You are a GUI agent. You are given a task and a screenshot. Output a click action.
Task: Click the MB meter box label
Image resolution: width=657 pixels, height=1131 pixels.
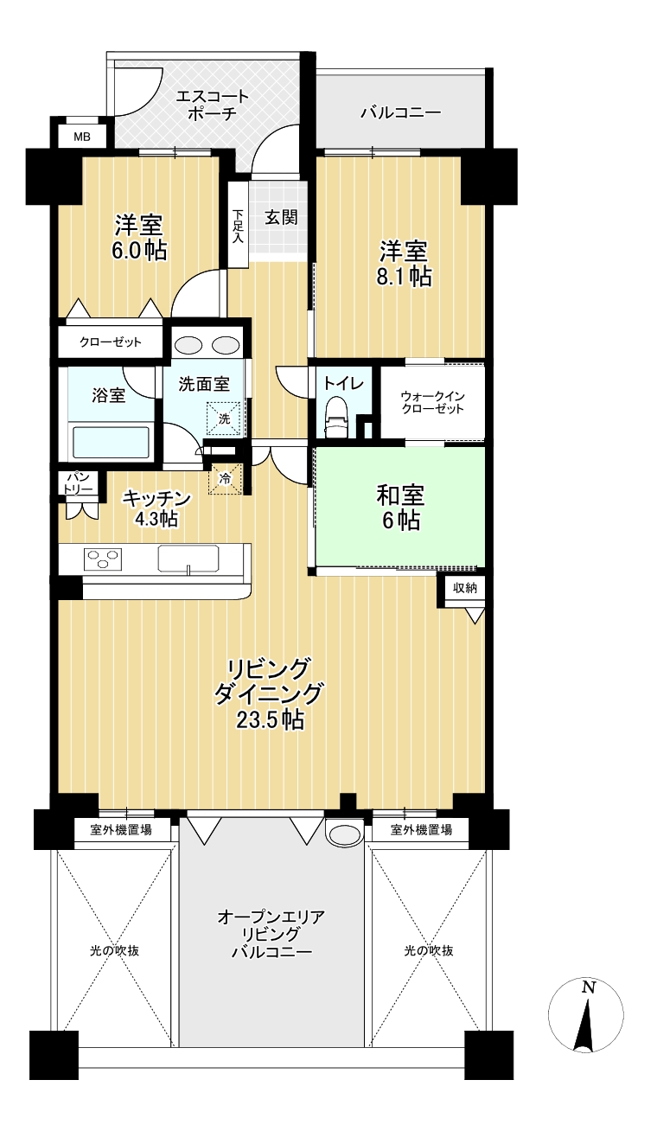coord(82,137)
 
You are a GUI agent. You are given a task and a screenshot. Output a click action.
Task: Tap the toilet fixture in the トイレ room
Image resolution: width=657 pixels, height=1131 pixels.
coord(335,416)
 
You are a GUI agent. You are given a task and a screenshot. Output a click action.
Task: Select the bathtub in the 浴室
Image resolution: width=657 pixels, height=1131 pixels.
coord(112,443)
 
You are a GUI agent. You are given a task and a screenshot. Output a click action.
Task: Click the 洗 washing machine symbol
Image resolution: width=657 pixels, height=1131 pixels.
coord(225,419)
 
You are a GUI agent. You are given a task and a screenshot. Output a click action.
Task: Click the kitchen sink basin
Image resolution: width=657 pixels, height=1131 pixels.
coord(188,559)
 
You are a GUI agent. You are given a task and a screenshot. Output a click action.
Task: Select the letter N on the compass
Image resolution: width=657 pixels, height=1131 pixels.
coord(587,987)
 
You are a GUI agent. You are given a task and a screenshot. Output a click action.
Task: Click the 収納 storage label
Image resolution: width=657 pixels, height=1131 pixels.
coord(465,588)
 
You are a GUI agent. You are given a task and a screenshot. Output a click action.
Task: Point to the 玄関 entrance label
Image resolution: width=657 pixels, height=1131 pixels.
coord(281,218)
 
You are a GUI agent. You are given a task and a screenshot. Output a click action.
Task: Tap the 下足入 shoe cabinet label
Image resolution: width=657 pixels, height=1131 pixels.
coord(238,227)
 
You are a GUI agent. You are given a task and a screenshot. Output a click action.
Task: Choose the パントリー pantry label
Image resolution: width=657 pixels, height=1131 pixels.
coord(78,483)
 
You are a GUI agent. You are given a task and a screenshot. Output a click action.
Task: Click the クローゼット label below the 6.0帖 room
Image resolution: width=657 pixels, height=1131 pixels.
coord(111,342)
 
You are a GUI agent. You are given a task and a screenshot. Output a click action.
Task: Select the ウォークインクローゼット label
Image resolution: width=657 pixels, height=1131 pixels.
coord(432,402)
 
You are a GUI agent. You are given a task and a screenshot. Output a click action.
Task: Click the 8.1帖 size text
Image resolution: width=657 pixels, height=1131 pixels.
coord(405,277)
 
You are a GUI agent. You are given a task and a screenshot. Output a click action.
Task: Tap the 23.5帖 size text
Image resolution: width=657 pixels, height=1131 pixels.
coord(271,719)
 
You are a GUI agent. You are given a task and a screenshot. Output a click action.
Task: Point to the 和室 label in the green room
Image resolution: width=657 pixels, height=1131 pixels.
coord(400,495)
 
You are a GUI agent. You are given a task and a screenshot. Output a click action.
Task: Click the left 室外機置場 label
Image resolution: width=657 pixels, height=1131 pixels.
coord(121,829)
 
